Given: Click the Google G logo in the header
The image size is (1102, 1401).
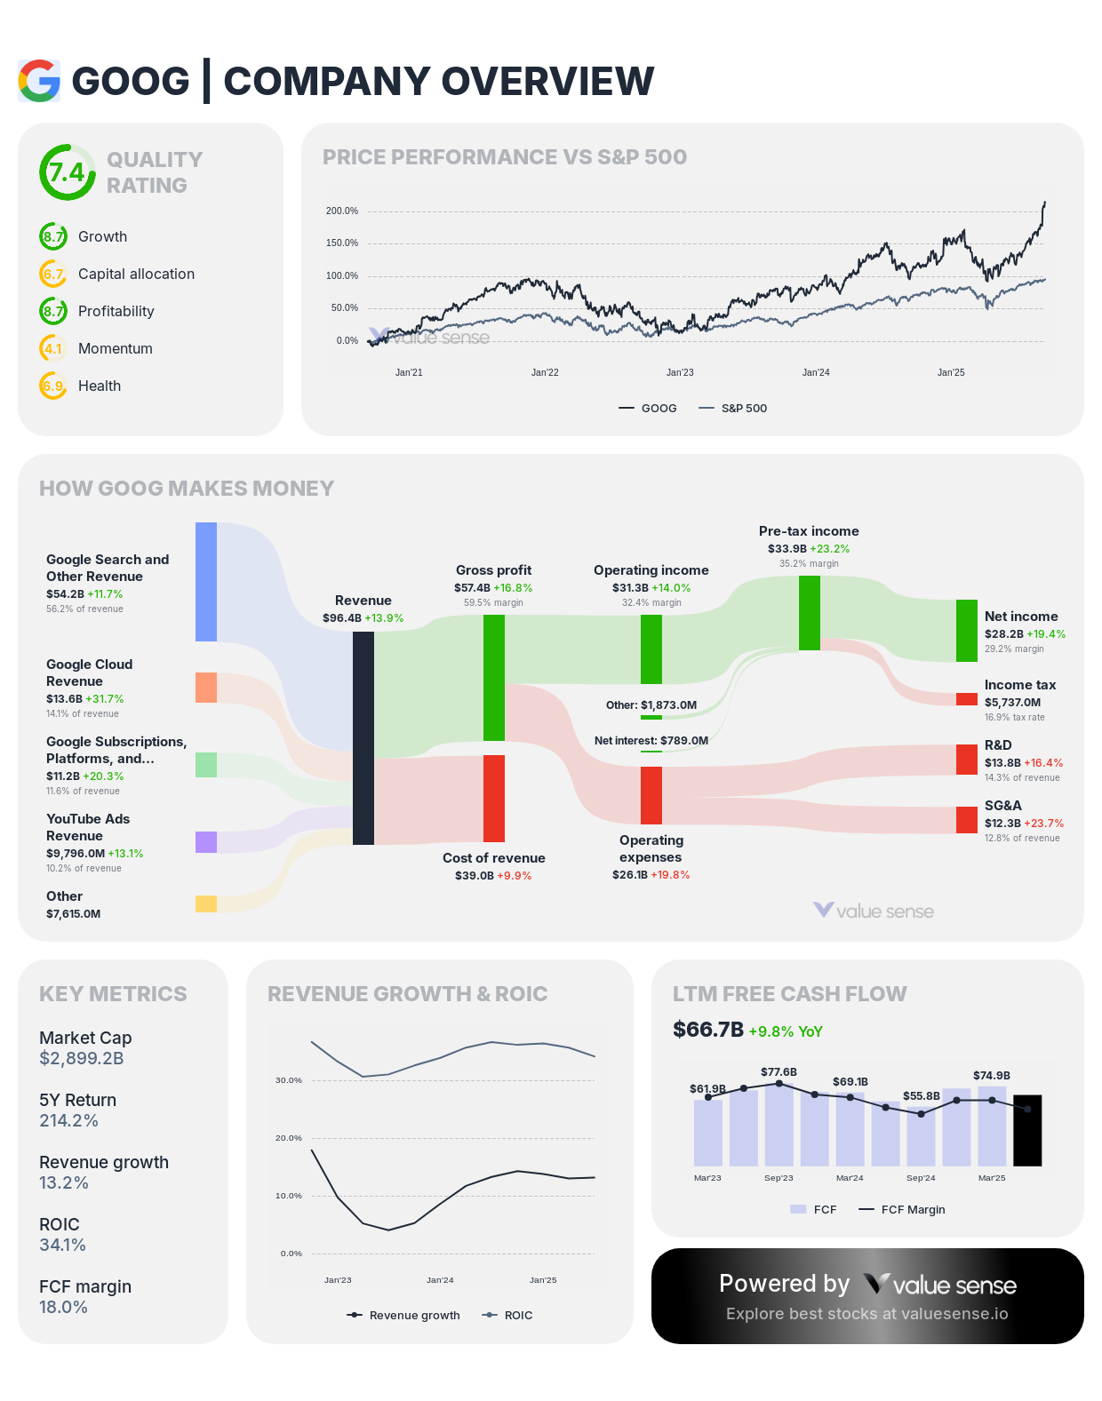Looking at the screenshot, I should click(x=39, y=81).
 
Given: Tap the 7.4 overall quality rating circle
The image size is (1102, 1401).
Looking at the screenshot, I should click(x=67, y=172).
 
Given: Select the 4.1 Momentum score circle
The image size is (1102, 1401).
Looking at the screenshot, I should click(x=53, y=348).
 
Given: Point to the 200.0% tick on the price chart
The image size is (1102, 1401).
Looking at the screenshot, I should click(x=342, y=211).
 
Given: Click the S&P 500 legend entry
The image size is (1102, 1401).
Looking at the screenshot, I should click(x=733, y=409).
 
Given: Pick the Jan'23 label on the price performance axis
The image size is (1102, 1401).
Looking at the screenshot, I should click(x=680, y=373).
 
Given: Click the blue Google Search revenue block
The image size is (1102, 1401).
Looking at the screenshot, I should click(x=206, y=582).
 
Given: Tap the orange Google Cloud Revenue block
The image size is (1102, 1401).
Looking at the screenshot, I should click(x=206, y=688).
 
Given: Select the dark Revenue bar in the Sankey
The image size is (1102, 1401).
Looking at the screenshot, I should click(x=363, y=737).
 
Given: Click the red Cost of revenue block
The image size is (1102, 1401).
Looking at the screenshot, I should click(x=494, y=798).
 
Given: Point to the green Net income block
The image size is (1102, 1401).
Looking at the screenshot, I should click(x=967, y=631).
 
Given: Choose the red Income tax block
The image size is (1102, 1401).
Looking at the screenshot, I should click(x=967, y=699).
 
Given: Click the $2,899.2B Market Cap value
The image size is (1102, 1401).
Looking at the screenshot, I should click(x=82, y=1059).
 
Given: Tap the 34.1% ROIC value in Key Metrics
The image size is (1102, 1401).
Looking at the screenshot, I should click(x=62, y=1246).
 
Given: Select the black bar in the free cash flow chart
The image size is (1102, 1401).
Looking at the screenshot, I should click(x=1027, y=1130).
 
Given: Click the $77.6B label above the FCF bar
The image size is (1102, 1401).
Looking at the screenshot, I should click(x=779, y=1072).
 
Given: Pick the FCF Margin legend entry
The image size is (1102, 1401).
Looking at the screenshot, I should click(x=902, y=1210).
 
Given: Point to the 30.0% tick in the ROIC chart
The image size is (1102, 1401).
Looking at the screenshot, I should click(x=289, y=1081).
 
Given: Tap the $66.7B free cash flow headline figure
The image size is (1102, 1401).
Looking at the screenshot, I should click(x=708, y=1031).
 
